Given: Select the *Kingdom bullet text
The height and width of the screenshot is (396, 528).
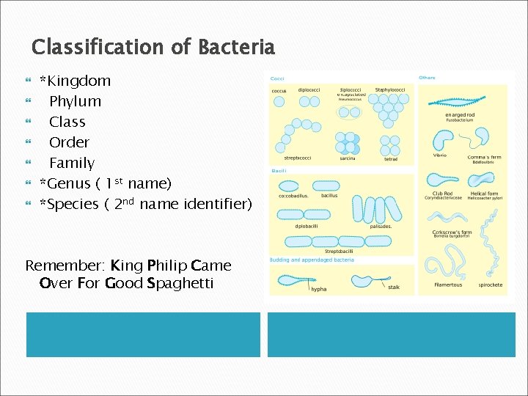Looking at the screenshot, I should pyautogui.click(x=75, y=81).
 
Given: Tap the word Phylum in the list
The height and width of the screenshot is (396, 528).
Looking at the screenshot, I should pyautogui.click(x=75, y=101).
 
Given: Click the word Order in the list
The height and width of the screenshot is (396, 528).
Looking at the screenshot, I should pyautogui.click(x=69, y=142).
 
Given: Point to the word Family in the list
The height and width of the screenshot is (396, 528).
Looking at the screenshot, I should pyautogui.click(x=72, y=163).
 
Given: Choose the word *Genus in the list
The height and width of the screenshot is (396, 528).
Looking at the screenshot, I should pyautogui.click(x=65, y=183).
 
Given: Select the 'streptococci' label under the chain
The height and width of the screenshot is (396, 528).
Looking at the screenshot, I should pyautogui.click(x=298, y=158).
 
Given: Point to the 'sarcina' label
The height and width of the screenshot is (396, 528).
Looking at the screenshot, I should pyautogui.click(x=348, y=158).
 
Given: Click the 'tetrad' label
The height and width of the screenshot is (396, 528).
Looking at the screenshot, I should pyautogui.click(x=391, y=158).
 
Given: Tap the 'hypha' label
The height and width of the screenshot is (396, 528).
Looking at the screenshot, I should pyautogui.click(x=319, y=289).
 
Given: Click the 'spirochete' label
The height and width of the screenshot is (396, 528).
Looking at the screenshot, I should pyautogui.click(x=491, y=285).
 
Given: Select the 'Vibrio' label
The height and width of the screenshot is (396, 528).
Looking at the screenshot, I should pyautogui.click(x=439, y=155).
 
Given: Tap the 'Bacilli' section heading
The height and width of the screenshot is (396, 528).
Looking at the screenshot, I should pyautogui.click(x=279, y=171).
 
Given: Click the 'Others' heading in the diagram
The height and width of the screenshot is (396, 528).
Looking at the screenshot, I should pyautogui.click(x=427, y=78).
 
